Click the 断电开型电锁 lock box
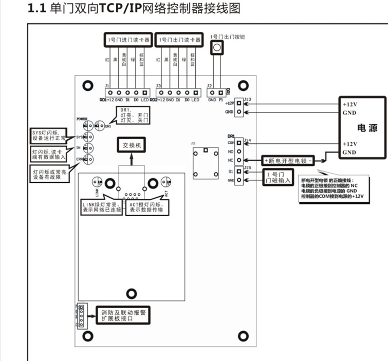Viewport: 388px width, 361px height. (x=288, y=160)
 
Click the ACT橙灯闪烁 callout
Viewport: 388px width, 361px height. (x=148, y=207)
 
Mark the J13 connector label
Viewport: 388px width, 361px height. (x=247, y=99)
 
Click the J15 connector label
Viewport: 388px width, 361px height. (x=247, y=167)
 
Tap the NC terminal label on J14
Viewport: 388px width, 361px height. (x=231, y=160)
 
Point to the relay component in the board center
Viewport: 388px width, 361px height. (x=205, y=164)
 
